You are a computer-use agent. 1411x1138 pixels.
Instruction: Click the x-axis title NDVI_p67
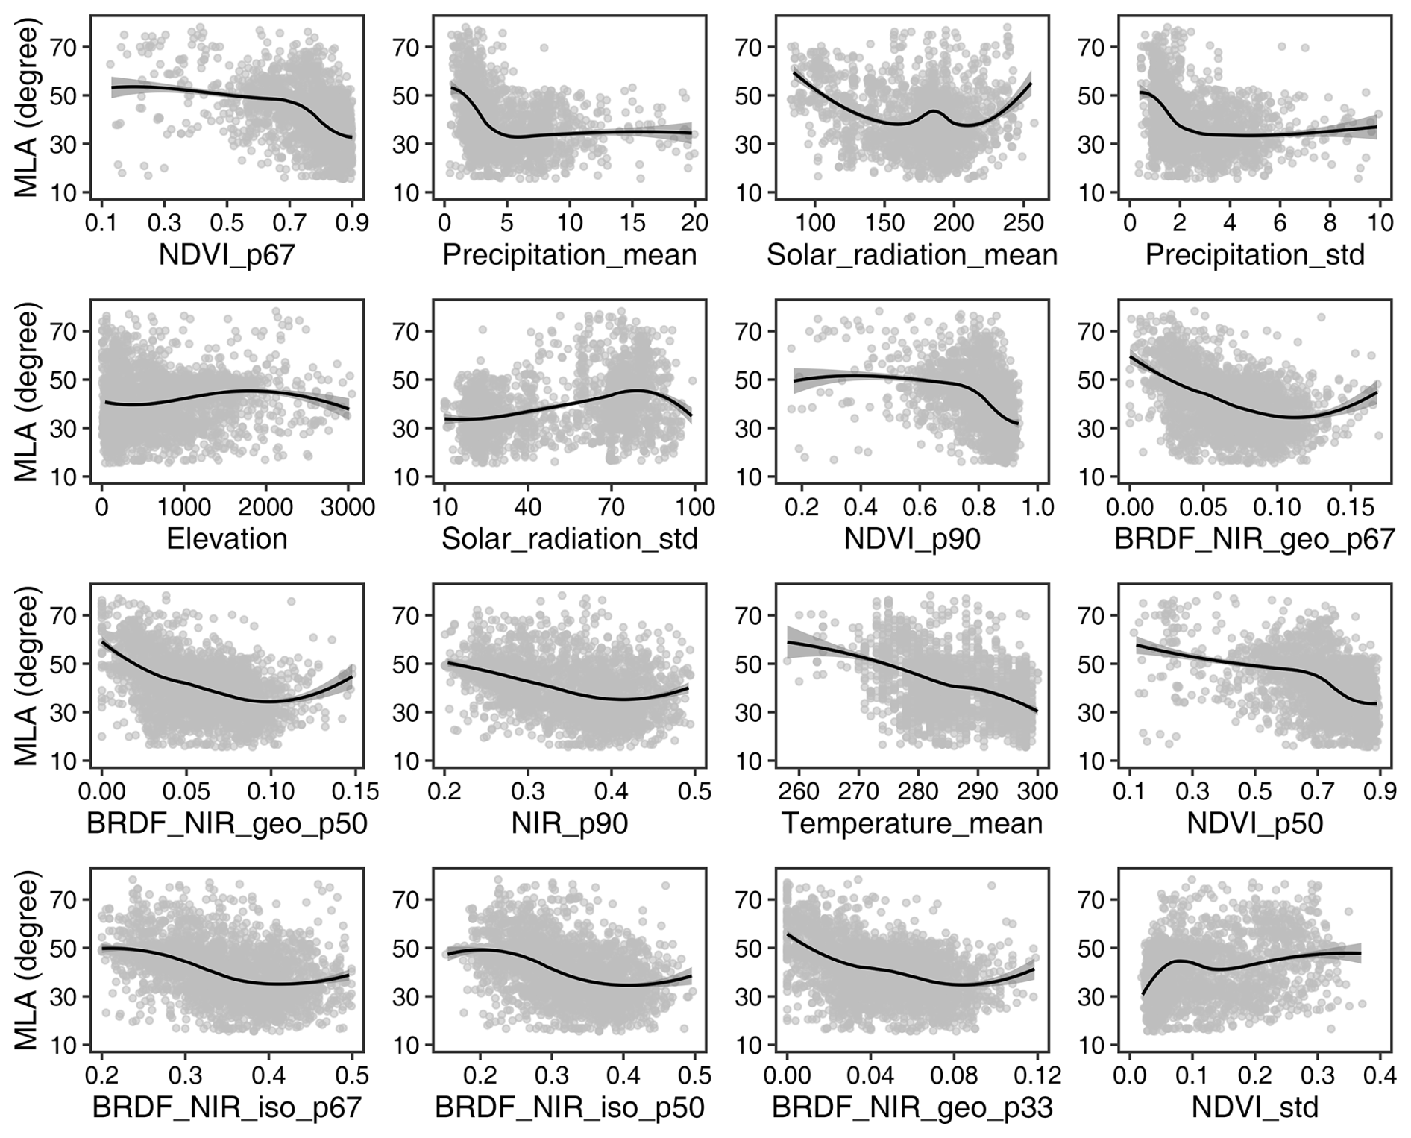[227, 255]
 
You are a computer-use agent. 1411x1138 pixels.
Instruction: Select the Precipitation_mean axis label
[570, 255]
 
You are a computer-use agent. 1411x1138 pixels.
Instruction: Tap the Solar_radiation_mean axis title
[912, 255]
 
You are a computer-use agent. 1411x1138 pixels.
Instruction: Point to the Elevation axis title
[227, 539]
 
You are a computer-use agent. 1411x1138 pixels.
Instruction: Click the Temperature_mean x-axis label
[912, 823]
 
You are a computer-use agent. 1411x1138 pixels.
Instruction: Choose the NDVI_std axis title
[1255, 1107]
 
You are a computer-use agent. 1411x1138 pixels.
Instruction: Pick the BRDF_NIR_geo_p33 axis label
[912, 1107]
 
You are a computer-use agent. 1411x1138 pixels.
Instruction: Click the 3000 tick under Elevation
[350, 508]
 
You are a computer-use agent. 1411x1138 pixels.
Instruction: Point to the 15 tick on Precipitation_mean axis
[632, 223]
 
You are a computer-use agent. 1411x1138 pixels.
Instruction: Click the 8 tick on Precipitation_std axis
[1330, 223]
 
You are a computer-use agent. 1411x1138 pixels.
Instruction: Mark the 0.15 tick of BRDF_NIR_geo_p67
[1351, 508]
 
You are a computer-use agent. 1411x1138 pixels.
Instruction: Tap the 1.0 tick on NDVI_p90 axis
[1037, 508]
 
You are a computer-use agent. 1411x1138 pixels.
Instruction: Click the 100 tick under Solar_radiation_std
[695, 508]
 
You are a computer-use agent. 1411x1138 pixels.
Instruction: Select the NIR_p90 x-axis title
[570, 823]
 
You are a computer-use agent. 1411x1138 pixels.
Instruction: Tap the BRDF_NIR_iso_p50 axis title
[570, 1107]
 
